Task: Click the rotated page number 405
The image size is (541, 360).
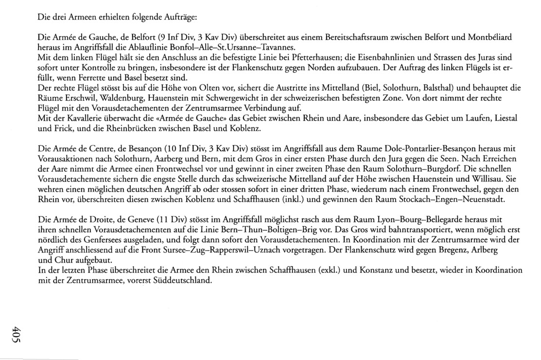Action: point(18,337)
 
